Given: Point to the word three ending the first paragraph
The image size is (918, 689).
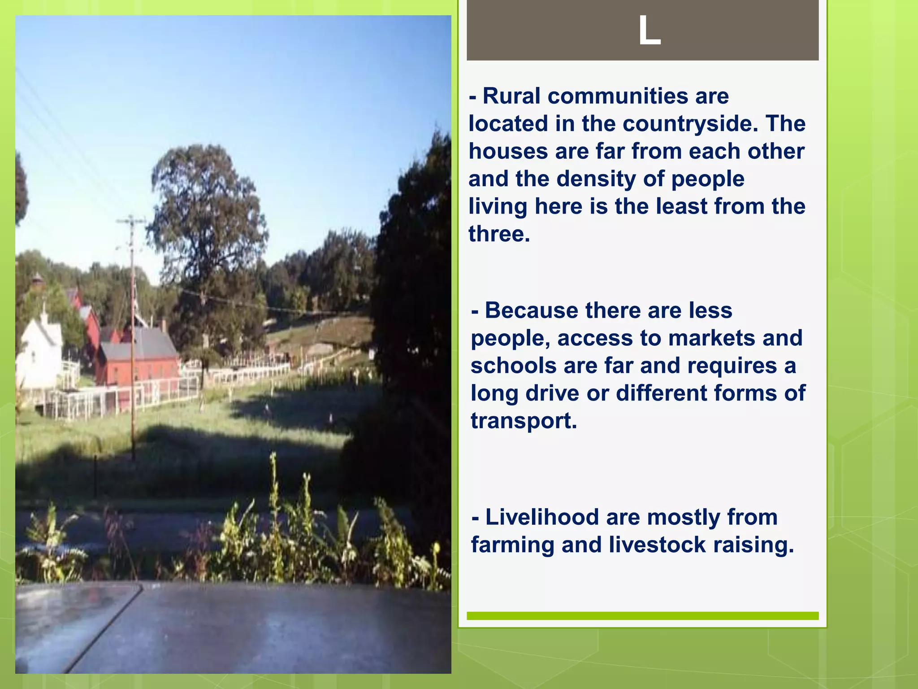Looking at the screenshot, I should [x=498, y=234].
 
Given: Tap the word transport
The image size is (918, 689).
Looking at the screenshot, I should [x=523, y=421].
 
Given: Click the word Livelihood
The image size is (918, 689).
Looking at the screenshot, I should [x=541, y=517].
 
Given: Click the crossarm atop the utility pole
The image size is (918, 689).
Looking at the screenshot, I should [x=131, y=221].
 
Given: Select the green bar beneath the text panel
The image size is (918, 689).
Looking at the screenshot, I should [x=642, y=615].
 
